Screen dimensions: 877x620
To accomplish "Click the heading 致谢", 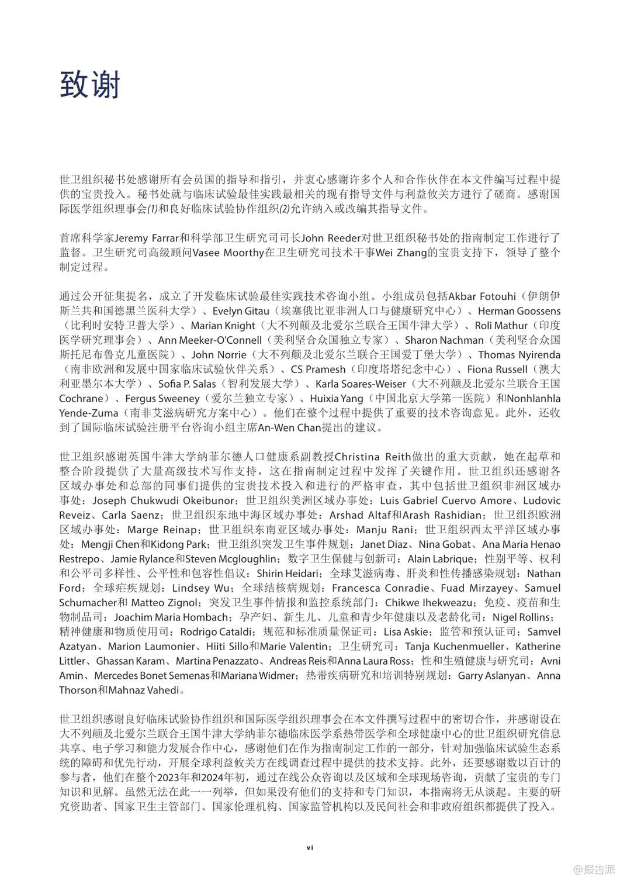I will pyautogui.click(x=89, y=85).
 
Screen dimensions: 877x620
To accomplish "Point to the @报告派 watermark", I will pyautogui.click(x=594, y=868).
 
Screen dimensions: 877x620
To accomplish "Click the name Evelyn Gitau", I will pyautogui.click(x=241, y=311).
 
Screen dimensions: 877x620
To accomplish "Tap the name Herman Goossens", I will pyautogui.click(x=519, y=311).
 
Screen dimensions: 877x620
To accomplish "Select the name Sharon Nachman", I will pyautogui.click(x=444, y=340).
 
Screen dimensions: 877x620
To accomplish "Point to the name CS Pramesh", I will pyautogui.click(x=318, y=370).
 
